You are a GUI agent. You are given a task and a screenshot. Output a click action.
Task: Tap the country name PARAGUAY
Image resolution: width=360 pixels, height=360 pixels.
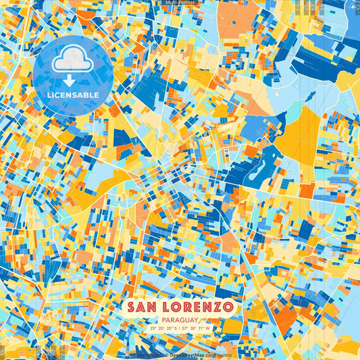[x=180, y=320]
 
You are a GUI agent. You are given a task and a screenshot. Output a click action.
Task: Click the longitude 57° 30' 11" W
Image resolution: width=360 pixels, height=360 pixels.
[x=197, y=329]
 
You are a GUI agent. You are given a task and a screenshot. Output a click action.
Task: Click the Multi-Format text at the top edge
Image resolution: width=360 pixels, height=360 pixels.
[x=180, y=3]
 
